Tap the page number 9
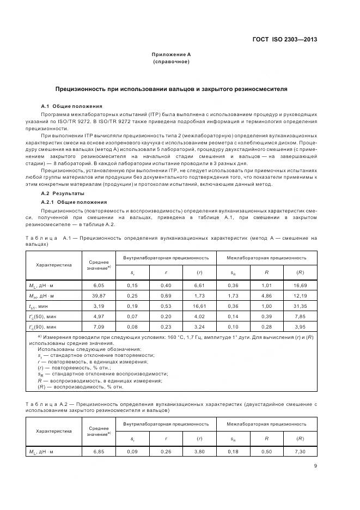click(315, 465)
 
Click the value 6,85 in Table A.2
click(99, 452)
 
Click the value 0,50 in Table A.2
click(267, 452)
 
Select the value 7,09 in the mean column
click(99, 326)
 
